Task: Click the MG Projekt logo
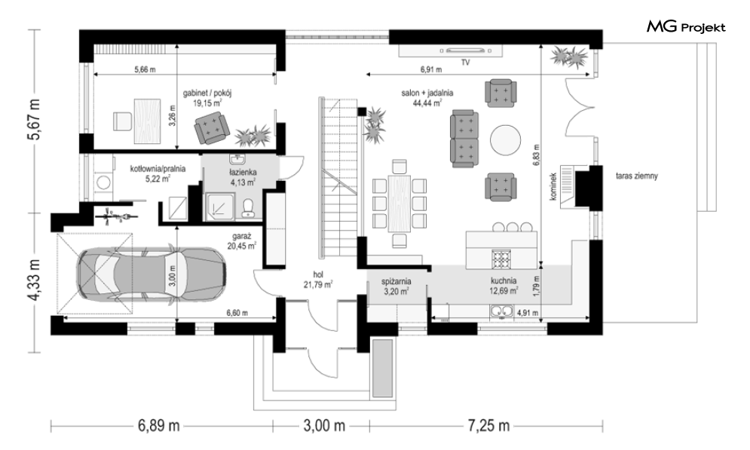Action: point(686,27)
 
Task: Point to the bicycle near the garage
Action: point(114,217)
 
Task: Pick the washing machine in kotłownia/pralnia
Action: point(103,182)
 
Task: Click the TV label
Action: point(465,63)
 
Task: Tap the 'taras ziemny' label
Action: point(637,176)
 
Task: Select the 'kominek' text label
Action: point(553,185)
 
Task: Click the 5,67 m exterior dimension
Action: point(35,120)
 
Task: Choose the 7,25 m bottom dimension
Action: point(488,425)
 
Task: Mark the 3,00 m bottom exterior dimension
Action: point(324,425)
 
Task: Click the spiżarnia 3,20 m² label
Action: point(396,286)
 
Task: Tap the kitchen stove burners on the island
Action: point(501,259)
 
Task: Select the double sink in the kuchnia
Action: point(501,311)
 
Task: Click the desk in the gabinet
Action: point(148,121)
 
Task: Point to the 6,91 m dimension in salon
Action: point(431,70)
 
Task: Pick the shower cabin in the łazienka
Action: point(219,207)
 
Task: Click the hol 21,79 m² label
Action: point(318,280)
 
